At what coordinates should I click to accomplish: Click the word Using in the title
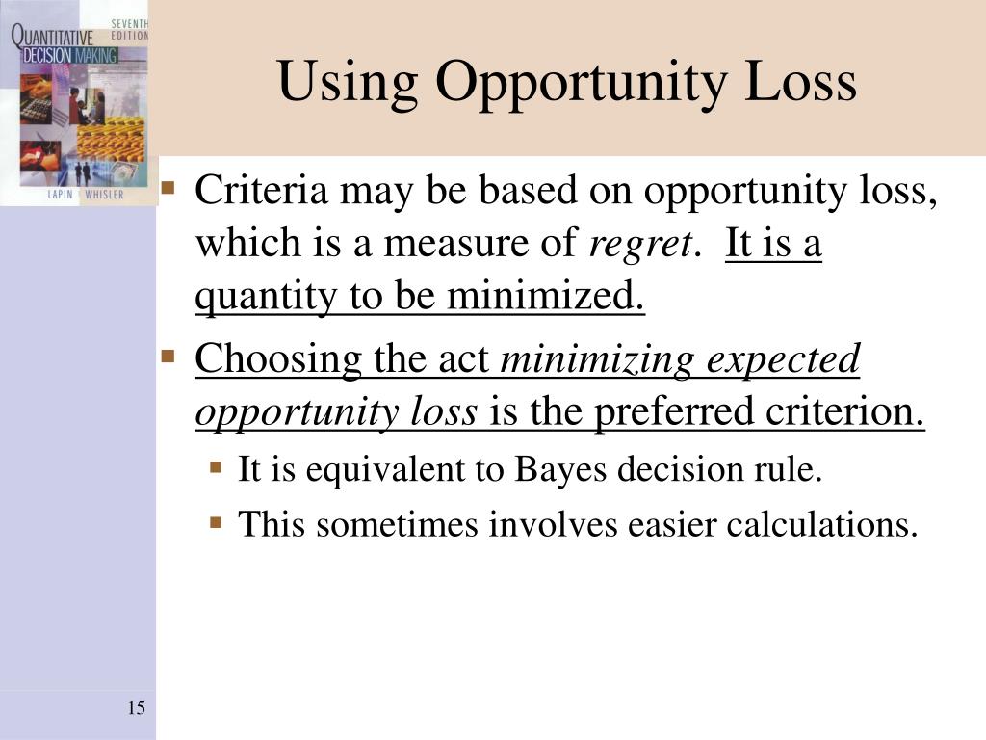pyautogui.click(x=348, y=83)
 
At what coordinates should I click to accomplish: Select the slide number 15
pyautogui.click(x=136, y=709)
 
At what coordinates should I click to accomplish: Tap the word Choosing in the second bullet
pyautogui.click(x=277, y=359)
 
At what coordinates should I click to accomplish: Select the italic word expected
pyautogui.click(x=783, y=359)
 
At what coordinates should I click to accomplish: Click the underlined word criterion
pyautogui.click(x=844, y=412)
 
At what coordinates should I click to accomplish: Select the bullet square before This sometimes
pyautogui.click(x=217, y=523)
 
